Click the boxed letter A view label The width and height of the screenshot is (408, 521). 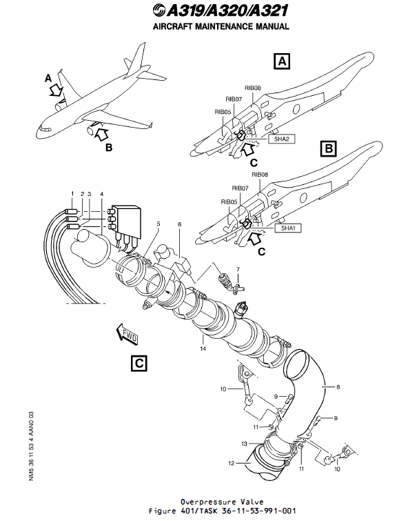[281, 61]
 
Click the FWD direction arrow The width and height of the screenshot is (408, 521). [128, 335]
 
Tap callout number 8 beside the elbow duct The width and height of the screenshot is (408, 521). [338, 387]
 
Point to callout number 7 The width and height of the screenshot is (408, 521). [238, 268]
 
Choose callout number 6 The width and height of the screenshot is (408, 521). [180, 224]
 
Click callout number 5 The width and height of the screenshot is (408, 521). [157, 224]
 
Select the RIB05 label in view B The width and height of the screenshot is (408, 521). [229, 202]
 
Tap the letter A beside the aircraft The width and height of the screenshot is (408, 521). [48, 78]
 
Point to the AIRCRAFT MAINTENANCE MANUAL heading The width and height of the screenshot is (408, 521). [220, 27]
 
